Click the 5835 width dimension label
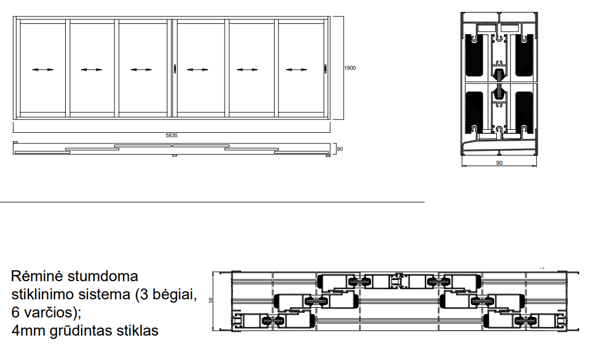171,135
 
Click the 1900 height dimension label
350,68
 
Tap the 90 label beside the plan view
340,149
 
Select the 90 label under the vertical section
499,163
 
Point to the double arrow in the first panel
43,70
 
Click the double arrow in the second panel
91,70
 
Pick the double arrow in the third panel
141,70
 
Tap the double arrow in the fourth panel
197,70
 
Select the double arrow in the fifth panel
247,70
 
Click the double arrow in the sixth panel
297,70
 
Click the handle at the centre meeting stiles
175,68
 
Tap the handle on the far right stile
326,68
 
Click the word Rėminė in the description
37,277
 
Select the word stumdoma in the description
103,277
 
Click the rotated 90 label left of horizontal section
210,300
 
